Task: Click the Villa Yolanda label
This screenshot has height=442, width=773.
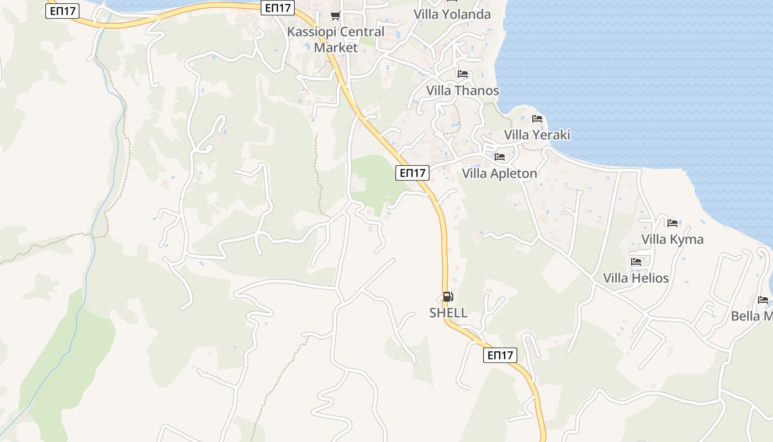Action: pos(452,14)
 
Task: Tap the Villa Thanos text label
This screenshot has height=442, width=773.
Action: pos(462,91)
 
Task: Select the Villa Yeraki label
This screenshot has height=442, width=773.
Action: pos(537,135)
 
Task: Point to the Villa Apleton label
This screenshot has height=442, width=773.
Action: pos(499,173)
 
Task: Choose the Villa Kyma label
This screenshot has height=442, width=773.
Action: pos(672,239)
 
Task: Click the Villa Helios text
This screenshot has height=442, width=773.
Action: pos(636,278)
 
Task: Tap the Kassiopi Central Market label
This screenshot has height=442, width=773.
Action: pos(335,39)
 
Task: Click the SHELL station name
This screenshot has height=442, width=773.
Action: pos(448,313)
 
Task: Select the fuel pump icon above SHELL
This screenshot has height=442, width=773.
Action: pos(448,297)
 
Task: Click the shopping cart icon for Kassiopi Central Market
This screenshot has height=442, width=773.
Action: pos(335,15)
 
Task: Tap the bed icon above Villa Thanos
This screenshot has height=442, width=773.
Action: pos(463,74)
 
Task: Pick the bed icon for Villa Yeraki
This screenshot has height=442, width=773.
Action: pos(537,119)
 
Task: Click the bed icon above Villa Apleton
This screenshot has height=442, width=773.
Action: pos(500,157)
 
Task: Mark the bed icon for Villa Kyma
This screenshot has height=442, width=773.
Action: pos(673,223)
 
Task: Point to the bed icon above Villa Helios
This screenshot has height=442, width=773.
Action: pos(636,262)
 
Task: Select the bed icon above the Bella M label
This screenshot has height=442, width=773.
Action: pos(763,300)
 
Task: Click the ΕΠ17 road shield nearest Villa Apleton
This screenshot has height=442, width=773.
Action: pos(412,173)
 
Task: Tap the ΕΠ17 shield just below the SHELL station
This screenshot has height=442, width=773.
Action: pos(500,355)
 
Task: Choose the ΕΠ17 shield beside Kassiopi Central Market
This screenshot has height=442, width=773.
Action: pos(278,8)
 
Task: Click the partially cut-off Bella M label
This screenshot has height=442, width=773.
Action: pos(751,317)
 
